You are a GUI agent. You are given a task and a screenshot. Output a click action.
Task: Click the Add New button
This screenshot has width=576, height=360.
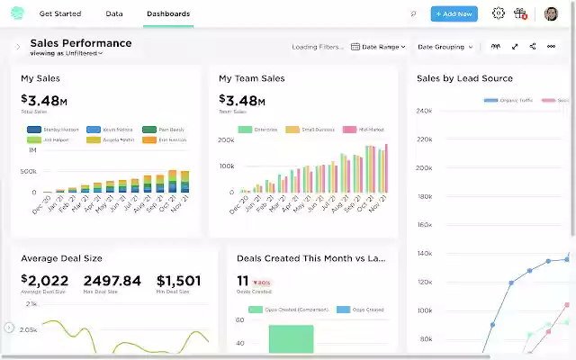click(x=454, y=13)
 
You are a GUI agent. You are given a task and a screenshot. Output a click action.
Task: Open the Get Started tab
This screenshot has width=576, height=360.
click(x=60, y=14)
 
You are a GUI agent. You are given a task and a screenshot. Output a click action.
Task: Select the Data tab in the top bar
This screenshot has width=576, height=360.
click(x=114, y=14)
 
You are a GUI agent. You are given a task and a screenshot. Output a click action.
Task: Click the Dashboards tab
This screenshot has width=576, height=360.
click(x=167, y=14)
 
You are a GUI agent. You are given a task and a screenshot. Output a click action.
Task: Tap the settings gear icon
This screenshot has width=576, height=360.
click(x=498, y=13)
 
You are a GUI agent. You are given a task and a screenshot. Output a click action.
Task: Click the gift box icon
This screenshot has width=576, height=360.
click(x=520, y=13)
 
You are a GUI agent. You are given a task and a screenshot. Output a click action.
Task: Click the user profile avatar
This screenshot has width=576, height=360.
click(x=551, y=13)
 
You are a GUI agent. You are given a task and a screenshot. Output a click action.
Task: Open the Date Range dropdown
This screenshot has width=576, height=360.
click(x=378, y=47)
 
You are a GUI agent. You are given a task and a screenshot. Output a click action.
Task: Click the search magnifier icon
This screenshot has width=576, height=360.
click(x=413, y=14)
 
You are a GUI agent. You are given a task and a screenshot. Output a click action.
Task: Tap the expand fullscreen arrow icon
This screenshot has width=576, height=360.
click(x=515, y=47)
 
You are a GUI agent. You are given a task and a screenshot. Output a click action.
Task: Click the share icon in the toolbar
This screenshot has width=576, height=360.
click(x=533, y=47)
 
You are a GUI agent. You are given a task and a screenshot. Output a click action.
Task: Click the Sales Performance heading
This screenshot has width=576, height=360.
click(x=81, y=43)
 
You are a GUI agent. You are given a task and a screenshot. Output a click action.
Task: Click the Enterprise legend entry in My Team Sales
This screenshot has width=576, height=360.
click(x=259, y=130)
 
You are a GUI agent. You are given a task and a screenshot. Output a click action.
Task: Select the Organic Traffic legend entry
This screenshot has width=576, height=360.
click(x=509, y=101)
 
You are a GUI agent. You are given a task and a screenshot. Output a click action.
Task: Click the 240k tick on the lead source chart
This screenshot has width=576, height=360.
click(x=425, y=111)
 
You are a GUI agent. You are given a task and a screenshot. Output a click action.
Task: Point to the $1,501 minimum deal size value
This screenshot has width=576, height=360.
click(x=178, y=281)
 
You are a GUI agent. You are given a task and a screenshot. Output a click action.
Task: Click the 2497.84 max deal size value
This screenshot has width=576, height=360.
click(x=112, y=281)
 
